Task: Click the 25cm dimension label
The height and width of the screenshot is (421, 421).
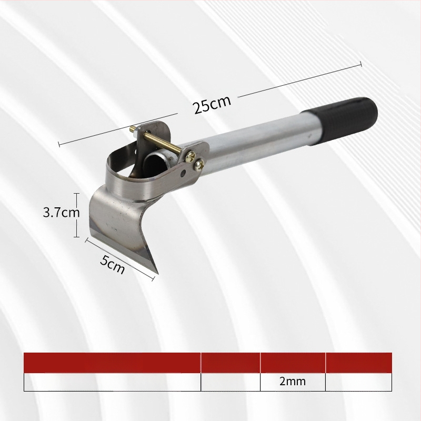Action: click(212, 104)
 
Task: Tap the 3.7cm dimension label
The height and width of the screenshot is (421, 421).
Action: click(62, 213)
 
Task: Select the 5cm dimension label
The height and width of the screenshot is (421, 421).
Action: click(113, 264)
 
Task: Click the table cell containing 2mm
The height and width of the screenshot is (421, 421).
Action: click(293, 382)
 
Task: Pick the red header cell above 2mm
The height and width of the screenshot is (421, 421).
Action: click(293, 363)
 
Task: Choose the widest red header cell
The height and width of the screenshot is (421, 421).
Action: click(112, 363)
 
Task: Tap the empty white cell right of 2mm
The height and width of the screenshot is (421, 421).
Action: click(358, 382)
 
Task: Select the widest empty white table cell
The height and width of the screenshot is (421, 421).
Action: click(112, 382)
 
